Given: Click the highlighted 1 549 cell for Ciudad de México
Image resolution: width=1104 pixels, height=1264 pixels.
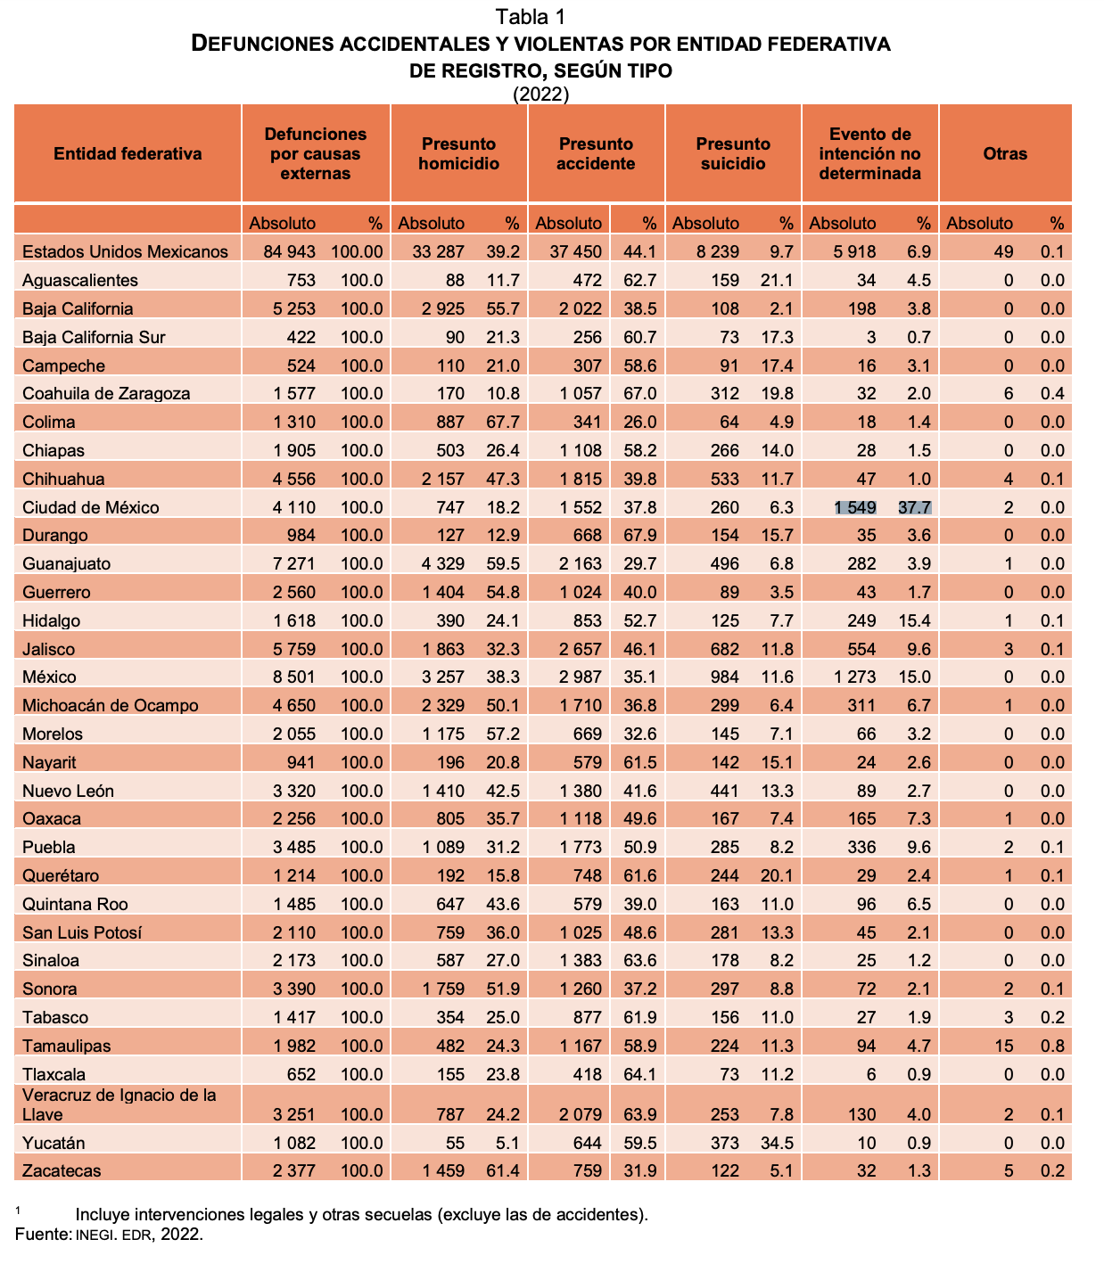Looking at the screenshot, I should tap(855, 507).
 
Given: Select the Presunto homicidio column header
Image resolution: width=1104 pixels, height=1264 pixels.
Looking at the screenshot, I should tap(459, 153).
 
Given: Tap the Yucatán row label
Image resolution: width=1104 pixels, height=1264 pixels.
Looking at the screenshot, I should tap(54, 1143).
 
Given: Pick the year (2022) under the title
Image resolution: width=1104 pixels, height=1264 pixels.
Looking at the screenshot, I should tap(541, 94).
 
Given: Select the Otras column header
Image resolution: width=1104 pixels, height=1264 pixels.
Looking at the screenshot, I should tap(1005, 153).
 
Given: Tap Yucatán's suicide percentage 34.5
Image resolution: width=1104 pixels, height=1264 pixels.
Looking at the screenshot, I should tap(776, 1143).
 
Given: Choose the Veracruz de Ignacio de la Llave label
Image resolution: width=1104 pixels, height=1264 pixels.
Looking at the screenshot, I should tap(119, 1104).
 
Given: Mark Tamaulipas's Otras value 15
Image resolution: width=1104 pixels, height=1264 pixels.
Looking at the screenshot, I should tap(1004, 1046).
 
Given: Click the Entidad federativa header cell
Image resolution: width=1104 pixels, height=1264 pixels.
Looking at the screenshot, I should tap(128, 153).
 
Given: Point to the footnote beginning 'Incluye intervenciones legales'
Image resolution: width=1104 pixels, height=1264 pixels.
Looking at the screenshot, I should tap(361, 1214).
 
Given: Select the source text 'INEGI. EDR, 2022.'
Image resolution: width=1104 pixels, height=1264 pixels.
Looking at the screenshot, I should tap(139, 1235).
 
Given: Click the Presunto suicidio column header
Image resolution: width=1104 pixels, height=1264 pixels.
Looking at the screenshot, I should tap(733, 153).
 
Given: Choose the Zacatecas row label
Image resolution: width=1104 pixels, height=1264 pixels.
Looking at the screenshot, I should tap(62, 1170).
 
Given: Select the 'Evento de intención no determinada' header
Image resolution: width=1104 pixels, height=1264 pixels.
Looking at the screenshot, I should tap(869, 153).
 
